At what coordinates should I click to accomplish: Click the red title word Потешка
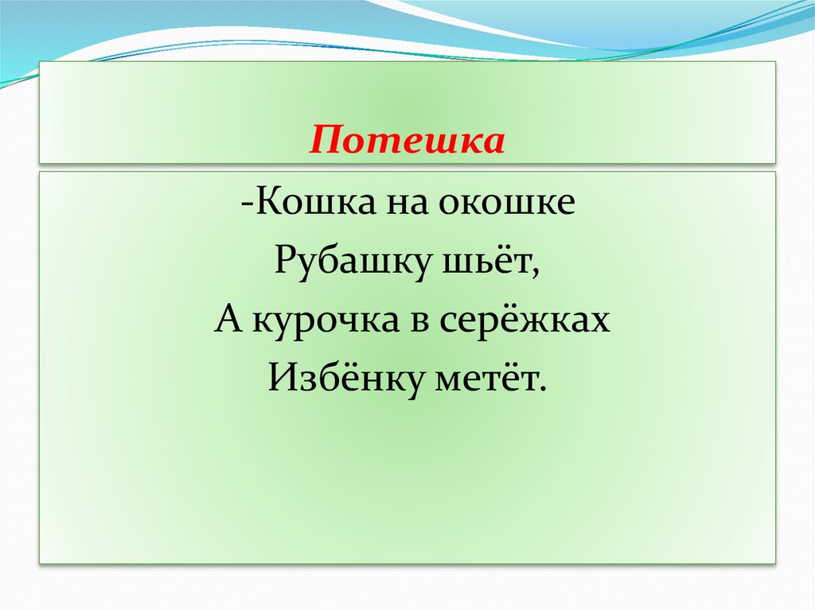[x=407, y=142]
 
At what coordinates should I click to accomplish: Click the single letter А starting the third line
[x=224, y=320]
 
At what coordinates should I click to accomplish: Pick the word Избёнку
[x=342, y=379]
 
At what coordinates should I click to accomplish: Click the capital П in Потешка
[x=324, y=142]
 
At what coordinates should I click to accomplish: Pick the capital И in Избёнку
[x=281, y=379]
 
